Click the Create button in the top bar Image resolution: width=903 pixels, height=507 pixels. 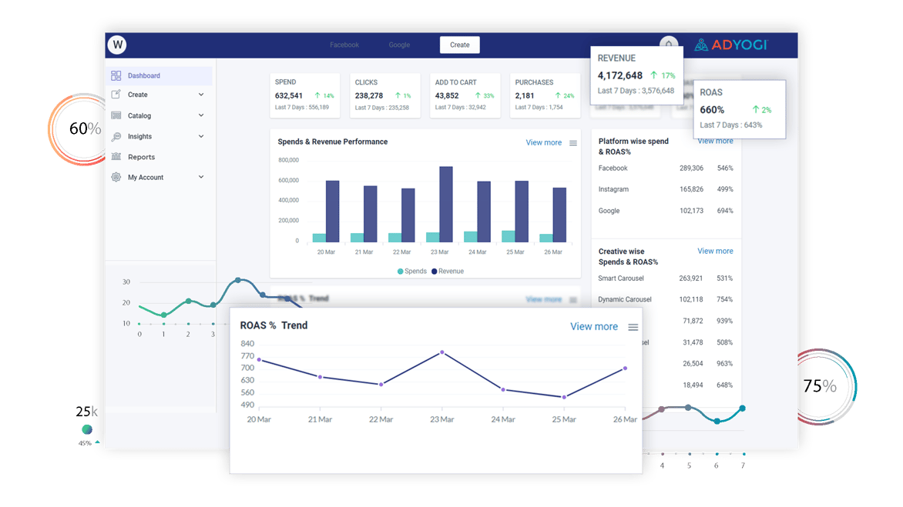[x=460, y=45]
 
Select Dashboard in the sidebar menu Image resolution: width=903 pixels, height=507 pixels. [x=144, y=75]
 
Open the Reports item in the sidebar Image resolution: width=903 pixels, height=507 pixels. [x=141, y=157]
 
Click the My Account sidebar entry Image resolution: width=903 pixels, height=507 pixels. [x=146, y=177]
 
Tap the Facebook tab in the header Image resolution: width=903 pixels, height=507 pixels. [x=344, y=45]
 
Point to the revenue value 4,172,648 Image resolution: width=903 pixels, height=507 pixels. [x=620, y=75]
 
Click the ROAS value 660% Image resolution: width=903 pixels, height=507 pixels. [x=712, y=110]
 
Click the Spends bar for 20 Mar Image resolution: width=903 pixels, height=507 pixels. [x=319, y=238]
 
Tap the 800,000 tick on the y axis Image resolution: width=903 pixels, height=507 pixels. [x=288, y=160]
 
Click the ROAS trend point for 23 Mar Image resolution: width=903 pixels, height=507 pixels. [x=442, y=352]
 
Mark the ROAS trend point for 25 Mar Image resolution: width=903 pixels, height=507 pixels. [x=564, y=397]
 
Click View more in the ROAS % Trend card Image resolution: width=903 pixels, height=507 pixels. [x=593, y=326]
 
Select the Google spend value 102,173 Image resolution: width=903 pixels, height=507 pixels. [x=691, y=211]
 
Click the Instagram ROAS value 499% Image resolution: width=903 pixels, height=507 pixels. [x=725, y=189]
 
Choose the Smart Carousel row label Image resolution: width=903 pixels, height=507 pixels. [x=621, y=278]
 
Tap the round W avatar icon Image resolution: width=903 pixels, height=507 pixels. [x=118, y=45]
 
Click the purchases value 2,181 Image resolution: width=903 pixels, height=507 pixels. [x=525, y=95]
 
